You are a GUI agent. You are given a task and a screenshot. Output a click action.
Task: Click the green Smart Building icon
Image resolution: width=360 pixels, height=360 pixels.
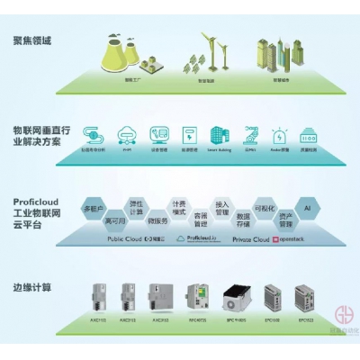click(220, 135)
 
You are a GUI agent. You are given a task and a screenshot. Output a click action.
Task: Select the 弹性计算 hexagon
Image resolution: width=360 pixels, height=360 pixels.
click(136, 206)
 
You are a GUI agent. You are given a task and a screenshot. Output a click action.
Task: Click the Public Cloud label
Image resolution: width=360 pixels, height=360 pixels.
click(124, 239)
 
